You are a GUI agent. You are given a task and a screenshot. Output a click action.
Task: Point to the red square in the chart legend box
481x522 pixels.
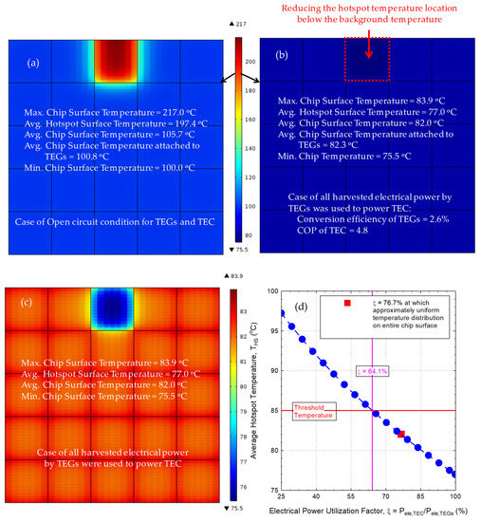click(x=349, y=302)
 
